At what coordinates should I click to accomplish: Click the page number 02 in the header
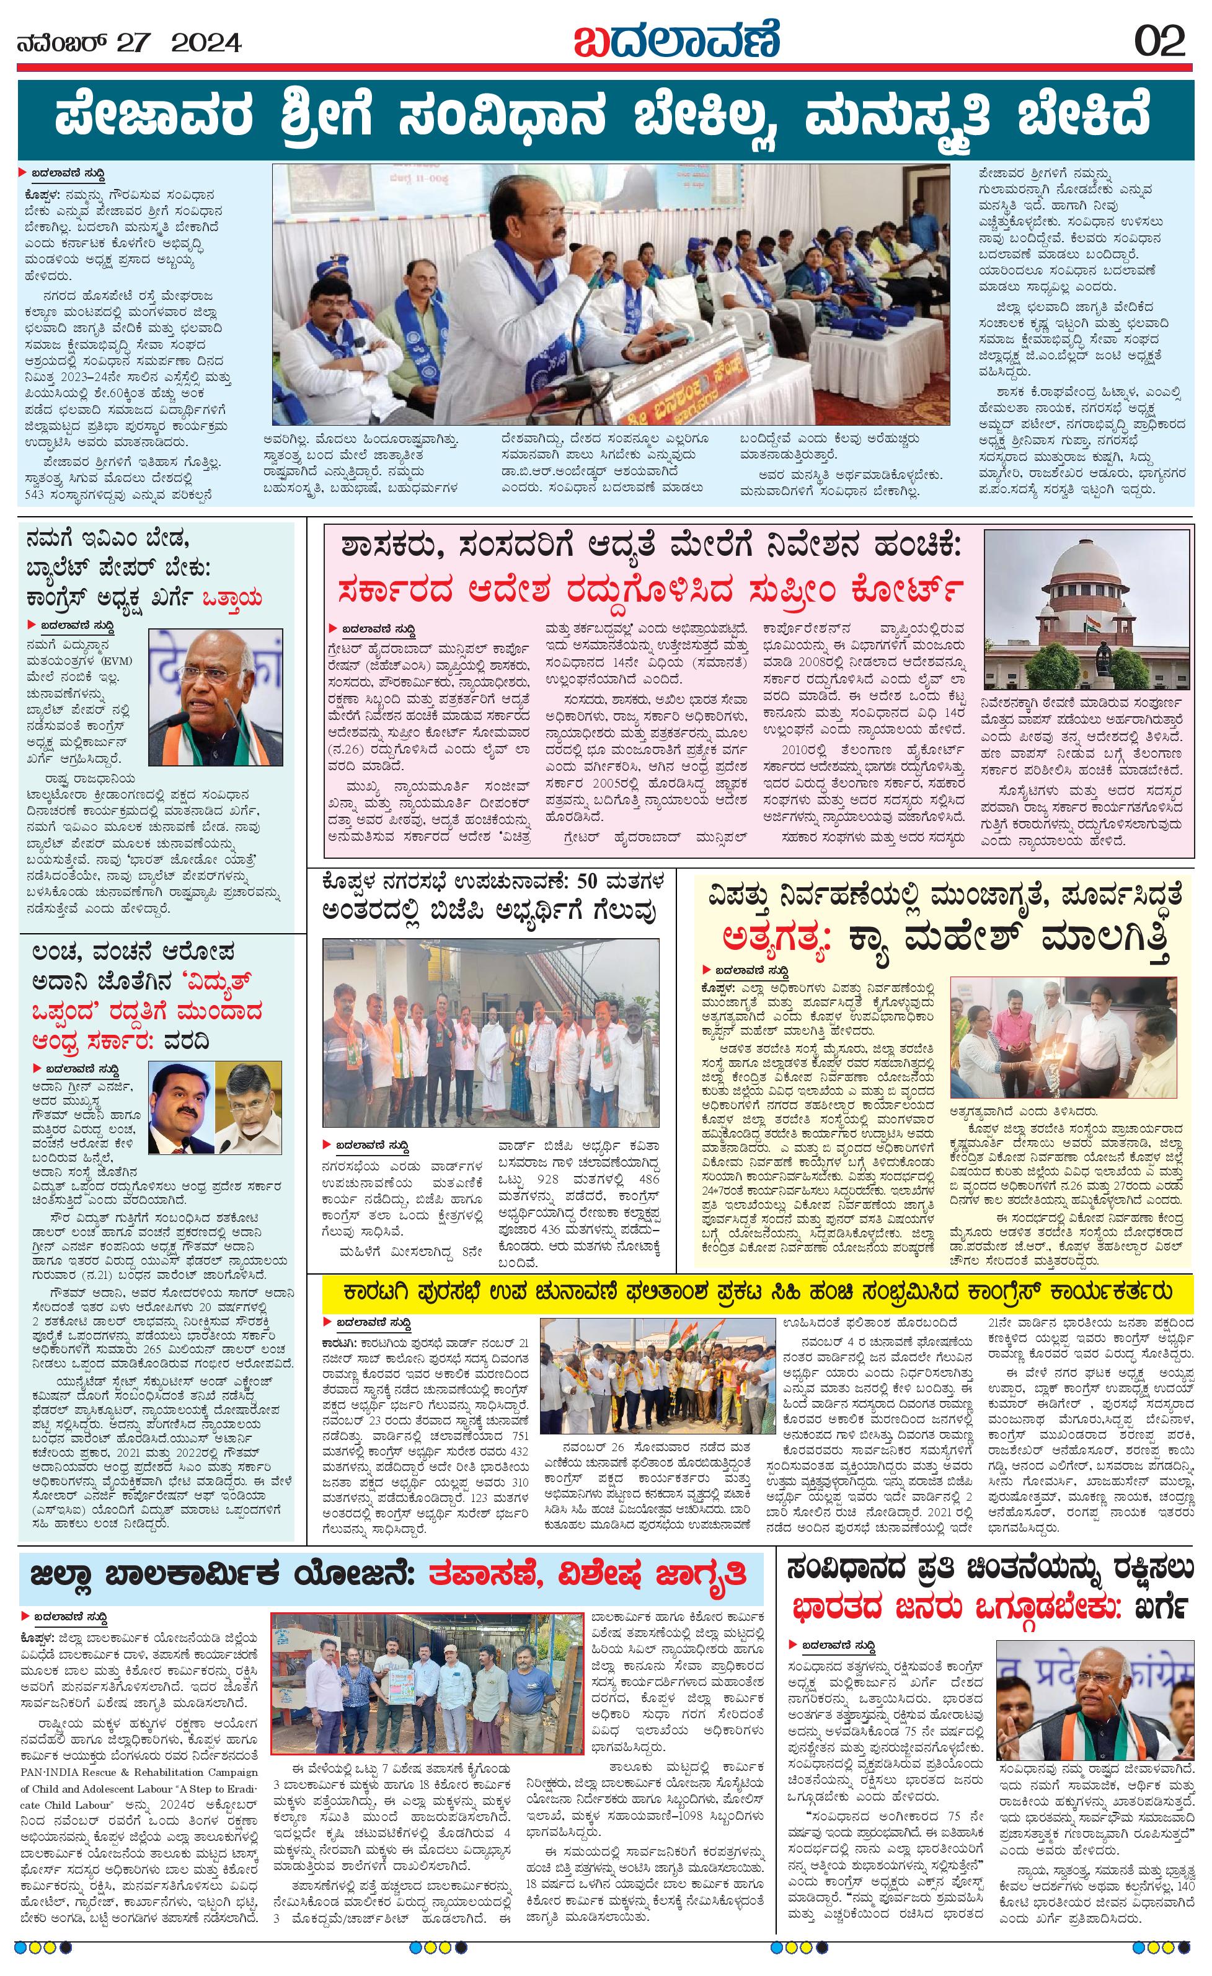pos(1160,42)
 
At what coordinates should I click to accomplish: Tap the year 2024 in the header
pos(206,41)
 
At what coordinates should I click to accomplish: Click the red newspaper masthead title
pos(676,40)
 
